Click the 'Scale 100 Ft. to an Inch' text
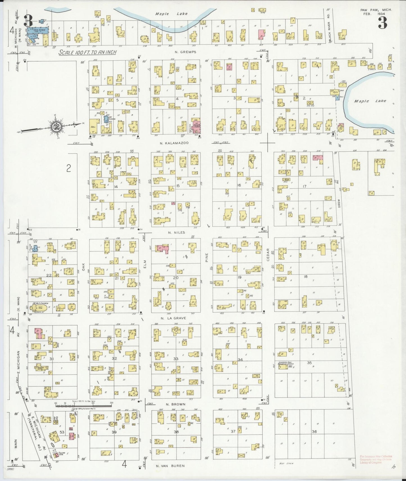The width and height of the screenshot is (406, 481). pyautogui.click(x=88, y=52)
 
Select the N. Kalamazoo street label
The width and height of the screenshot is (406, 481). pyautogui.click(x=174, y=143)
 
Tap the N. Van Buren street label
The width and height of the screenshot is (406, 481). pyautogui.click(x=171, y=466)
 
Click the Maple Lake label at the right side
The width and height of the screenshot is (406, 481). pyautogui.click(x=370, y=101)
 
